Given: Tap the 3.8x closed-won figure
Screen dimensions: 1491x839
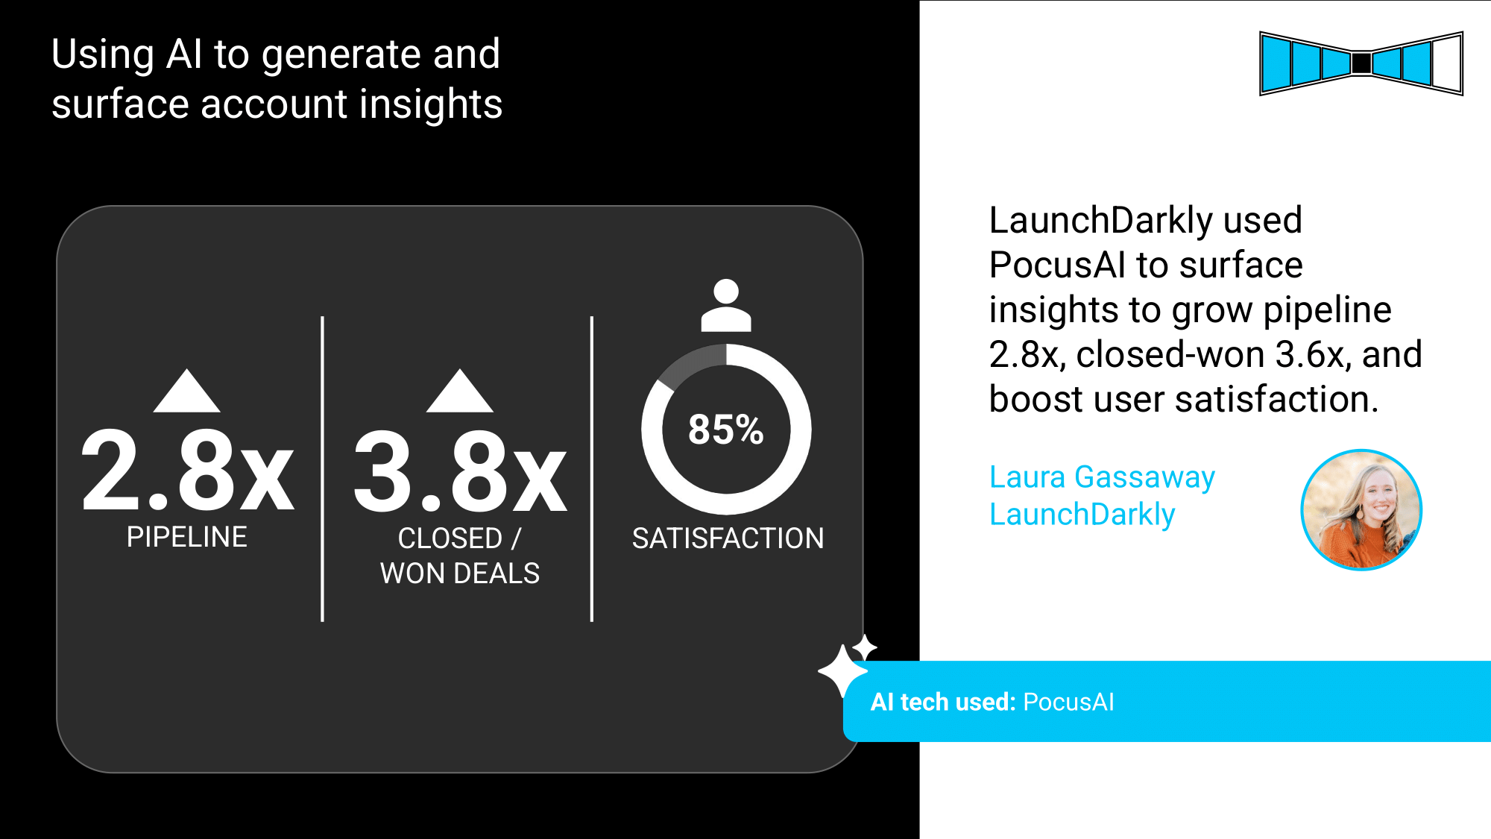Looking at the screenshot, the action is click(x=460, y=472).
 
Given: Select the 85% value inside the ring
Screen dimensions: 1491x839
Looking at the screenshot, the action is click(x=726, y=430).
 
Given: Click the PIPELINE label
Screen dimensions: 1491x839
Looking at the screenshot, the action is click(x=186, y=537).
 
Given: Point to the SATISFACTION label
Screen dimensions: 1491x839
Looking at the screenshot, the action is click(x=728, y=538).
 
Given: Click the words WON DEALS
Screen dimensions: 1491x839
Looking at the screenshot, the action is click(x=460, y=574).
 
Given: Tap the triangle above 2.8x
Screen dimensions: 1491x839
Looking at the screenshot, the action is click(x=186, y=390).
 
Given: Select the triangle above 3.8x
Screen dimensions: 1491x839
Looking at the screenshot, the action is click(x=460, y=390).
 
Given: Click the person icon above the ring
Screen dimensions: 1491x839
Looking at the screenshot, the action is click(x=726, y=305).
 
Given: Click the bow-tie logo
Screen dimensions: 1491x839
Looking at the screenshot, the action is click(x=1361, y=63).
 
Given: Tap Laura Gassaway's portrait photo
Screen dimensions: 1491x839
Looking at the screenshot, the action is click(x=1361, y=510).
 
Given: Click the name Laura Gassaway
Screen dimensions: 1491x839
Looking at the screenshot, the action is click(x=1102, y=477).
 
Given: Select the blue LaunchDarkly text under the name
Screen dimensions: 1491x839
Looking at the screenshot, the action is click(x=1082, y=515).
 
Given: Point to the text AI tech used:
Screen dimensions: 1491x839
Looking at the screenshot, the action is click(x=943, y=702).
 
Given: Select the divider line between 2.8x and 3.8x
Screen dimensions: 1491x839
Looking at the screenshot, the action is click(x=322, y=468).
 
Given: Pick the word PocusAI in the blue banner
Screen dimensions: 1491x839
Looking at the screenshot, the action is click(x=1068, y=702).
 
